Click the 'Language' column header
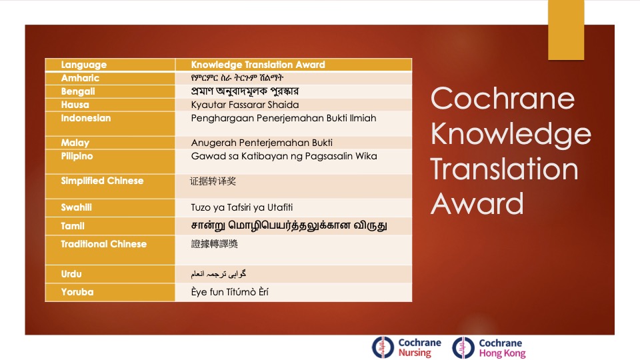[84, 65]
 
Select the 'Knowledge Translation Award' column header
[258, 65]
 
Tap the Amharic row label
[80, 78]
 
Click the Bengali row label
[78, 91]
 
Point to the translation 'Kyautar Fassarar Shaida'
[245, 105]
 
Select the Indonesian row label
[86, 118]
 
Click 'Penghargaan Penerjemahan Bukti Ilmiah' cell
[283, 118]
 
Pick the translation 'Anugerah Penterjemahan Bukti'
[261, 143]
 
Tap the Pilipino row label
[77, 156]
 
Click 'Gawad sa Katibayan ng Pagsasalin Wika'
[284, 156]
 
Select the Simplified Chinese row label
[102, 181]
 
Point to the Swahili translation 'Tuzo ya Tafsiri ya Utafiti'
[242, 207]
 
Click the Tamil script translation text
[289, 226]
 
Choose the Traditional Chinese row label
[103, 244]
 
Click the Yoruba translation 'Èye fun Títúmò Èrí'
[230, 292]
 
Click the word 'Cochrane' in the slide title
[502, 99]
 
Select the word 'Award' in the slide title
[477, 203]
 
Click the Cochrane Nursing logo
[406, 347]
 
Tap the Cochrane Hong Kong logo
[489, 347]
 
